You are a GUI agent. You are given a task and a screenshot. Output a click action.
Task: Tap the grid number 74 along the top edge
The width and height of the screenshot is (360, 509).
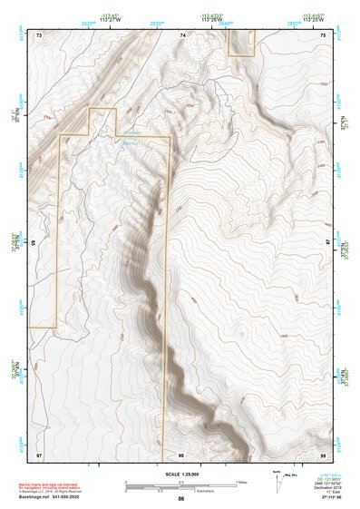(182, 34)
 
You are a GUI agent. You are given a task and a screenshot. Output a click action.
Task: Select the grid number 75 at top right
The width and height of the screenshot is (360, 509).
(324, 34)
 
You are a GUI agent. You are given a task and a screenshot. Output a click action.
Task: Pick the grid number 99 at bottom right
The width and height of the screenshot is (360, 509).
(324, 453)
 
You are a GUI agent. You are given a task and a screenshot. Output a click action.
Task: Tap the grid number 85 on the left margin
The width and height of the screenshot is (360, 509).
(34, 243)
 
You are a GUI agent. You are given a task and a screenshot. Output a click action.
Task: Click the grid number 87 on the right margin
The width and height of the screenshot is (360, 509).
(328, 243)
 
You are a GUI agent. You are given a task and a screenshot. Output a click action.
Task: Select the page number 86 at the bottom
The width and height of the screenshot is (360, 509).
(181, 498)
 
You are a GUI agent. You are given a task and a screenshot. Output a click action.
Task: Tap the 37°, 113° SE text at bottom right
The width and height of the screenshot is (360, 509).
(317, 498)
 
